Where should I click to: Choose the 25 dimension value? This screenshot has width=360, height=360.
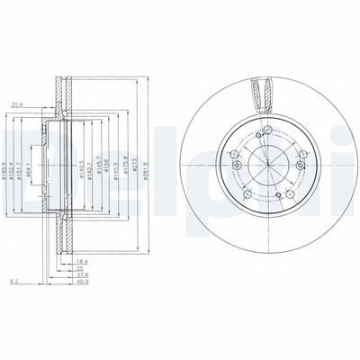tap(80, 267)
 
